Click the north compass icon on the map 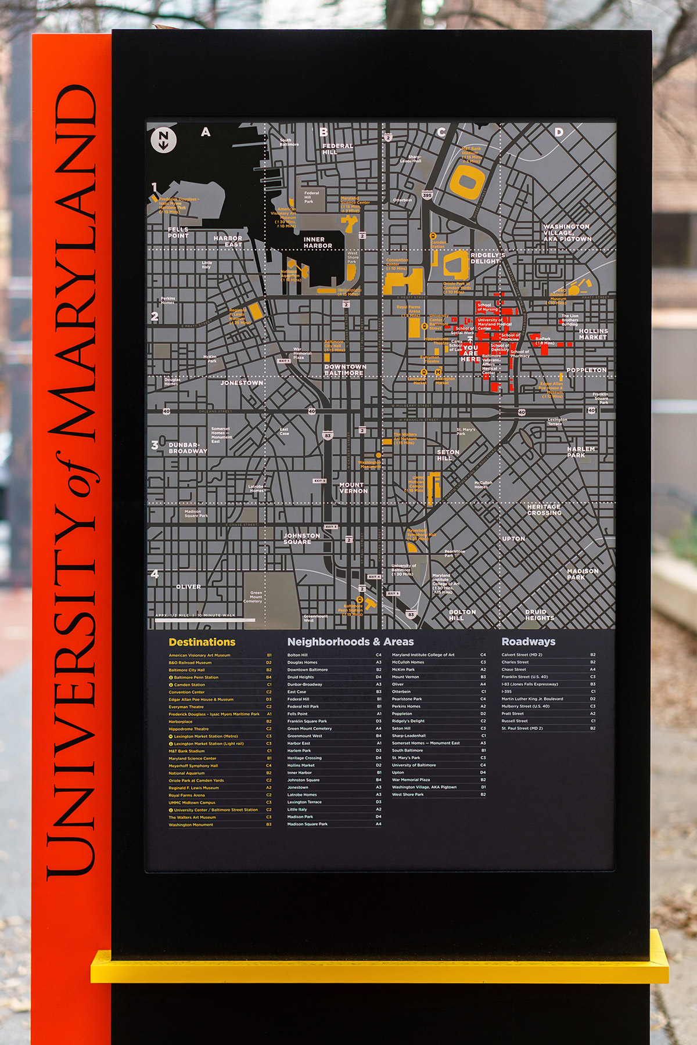pyautogui.click(x=163, y=139)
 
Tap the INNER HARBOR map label pyautogui.click(x=318, y=243)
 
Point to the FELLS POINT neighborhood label pyautogui.click(x=178, y=232)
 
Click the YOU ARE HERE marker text pyautogui.click(x=470, y=354)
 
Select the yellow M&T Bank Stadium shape pyautogui.click(x=467, y=179)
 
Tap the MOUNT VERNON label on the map pyautogui.click(x=353, y=488)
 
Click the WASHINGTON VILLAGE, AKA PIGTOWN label pyautogui.click(x=567, y=232)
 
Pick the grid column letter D pyautogui.click(x=559, y=132)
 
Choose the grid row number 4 pyautogui.click(x=155, y=574)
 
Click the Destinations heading pyautogui.click(x=202, y=642)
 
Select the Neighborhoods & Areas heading pyautogui.click(x=350, y=642)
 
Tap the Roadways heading pyautogui.click(x=528, y=642)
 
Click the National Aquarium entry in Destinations pyautogui.click(x=186, y=773)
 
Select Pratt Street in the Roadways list pyautogui.click(x=512, y=714)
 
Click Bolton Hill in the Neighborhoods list pyautogui.click(x=297, y=655)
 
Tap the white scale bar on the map pyautogui.click(x=205, y=621)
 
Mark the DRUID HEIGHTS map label pyautogui.click(x=539, y=615)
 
